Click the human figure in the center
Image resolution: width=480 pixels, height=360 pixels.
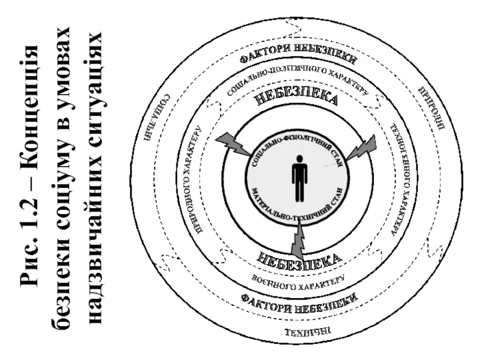click(299, 178)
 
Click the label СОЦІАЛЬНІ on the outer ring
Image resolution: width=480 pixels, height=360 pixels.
click(155, 118)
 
